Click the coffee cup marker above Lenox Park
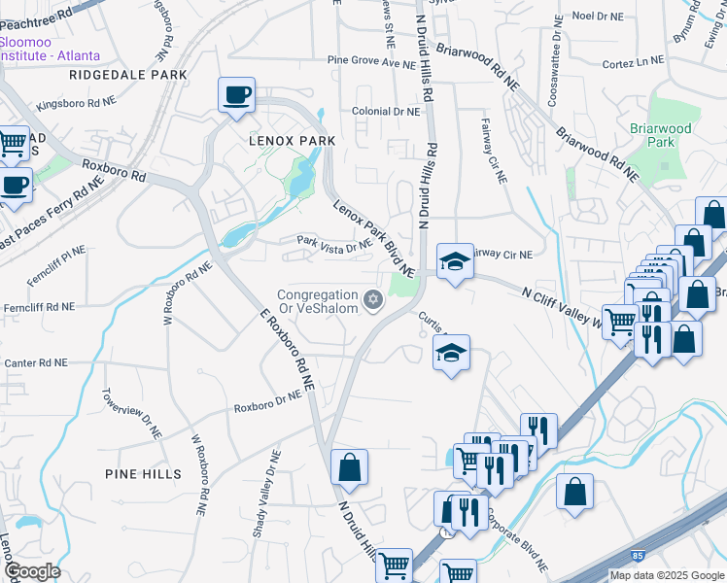click(x=236, y=95)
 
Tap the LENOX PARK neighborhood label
click(x=291, y=141)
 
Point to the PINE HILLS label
click(x=144, y=473)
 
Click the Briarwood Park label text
click(x=660, y=135)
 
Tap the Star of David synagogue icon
click(x=371, y=297)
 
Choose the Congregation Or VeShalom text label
click(x=317, y=302)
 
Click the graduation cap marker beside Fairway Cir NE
click(x=454, y=261)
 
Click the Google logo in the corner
click(x=32, y=570)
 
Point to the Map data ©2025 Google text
click(x=667, y=575)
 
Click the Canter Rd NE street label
click(x=36, y=362)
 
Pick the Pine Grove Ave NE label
click(x=371, y=62)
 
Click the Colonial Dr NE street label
click(x=386, y=112)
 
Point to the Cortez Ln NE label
click(x=632, y=61)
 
